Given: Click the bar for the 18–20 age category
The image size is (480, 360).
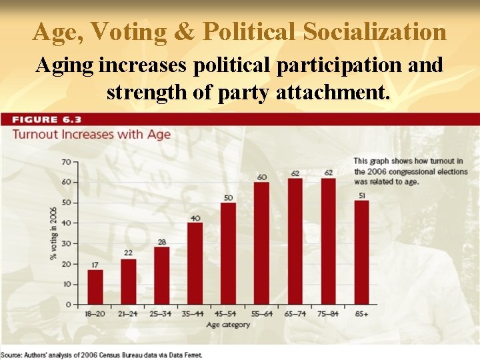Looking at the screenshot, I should (95, 287).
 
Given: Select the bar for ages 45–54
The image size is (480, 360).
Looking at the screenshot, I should (228, 253).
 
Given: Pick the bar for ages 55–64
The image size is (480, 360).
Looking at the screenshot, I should (261, 243).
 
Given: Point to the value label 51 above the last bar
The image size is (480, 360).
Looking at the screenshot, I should (361, 195).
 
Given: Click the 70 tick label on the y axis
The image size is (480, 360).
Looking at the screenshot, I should (65, 162).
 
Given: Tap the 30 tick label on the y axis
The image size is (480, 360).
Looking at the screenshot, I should (65, 243).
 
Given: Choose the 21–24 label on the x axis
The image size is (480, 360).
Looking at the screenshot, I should (129, 313).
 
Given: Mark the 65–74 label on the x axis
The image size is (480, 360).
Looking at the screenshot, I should (295, 313).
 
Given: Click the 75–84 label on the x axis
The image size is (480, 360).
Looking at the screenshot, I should (328, 313).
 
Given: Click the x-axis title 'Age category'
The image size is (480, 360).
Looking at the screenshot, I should (228, 325).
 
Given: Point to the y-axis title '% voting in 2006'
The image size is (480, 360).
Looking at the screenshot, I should (53, 233).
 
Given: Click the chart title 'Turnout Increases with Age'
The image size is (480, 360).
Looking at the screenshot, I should (92, 134).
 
